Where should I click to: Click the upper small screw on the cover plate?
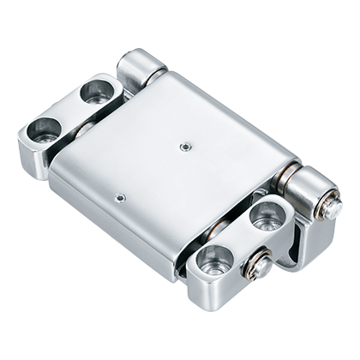click(184, 146)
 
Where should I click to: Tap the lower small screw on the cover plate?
click(121, 197)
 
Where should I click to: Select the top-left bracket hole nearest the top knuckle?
click(97, 92)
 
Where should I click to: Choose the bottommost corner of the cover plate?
click(177, 276)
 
